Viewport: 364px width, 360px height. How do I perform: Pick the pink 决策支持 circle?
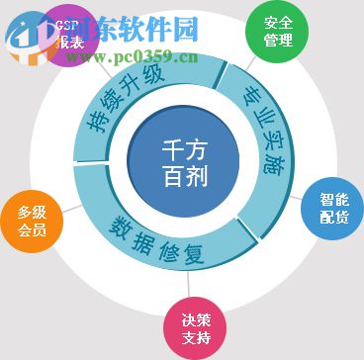tap(194, 327)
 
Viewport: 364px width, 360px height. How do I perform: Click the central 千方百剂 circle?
tap(181, 163)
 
